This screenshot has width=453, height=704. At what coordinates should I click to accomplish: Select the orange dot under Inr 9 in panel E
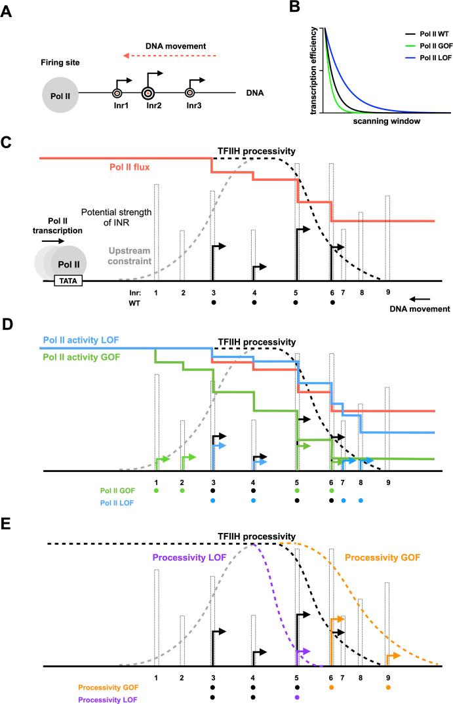point(388,688)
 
